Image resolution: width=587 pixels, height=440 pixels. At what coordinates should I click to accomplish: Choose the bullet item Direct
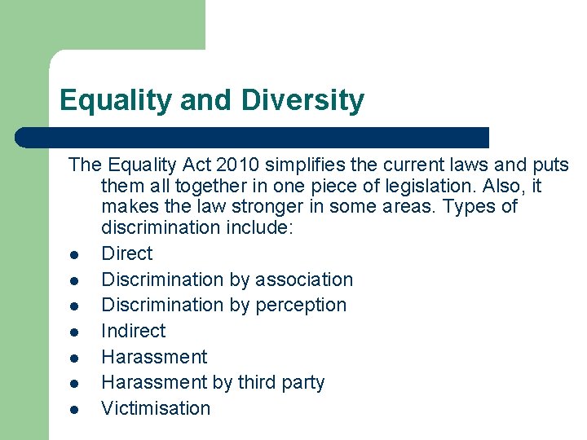tap(126, 253)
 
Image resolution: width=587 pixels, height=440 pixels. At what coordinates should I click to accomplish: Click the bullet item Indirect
tap(133, 331)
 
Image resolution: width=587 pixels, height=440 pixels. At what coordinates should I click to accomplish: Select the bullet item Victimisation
tap(155, 408)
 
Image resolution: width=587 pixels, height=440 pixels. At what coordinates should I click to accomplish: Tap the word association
tap(304, 279)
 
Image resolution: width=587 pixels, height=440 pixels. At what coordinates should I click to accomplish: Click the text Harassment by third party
tap(212, 382)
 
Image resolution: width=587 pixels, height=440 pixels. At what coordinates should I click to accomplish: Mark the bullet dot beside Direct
tap(73, 255)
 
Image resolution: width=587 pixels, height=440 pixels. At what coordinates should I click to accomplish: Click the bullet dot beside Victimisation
tap(73, 410)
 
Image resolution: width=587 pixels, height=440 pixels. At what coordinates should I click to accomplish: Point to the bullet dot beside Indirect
tap(73, 332)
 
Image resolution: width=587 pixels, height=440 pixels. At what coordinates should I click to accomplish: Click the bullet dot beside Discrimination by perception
tap(73, 306)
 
